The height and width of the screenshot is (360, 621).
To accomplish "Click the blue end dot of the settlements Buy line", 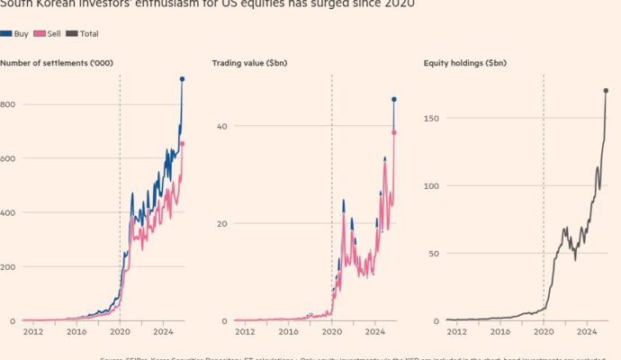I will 182,79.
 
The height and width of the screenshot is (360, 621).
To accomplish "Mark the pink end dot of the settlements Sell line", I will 182,144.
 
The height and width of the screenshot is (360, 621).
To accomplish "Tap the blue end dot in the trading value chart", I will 394,99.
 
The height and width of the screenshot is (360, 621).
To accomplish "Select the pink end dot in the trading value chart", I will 394,132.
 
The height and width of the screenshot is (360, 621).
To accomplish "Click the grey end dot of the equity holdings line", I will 606,90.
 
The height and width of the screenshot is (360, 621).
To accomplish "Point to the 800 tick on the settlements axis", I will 8,105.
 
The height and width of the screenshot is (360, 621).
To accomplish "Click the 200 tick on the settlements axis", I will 8,267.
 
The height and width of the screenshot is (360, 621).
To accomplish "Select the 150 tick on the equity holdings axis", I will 432,119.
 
